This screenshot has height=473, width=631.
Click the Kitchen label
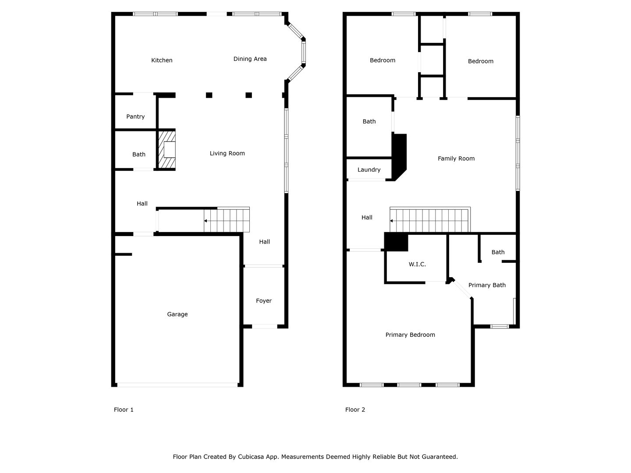pyautogui.click(x=162, y=60)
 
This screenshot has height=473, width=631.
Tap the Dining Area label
pyautogui.click(x=250, y=59)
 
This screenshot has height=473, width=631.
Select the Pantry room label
pyautogui.click(x=135, y=116)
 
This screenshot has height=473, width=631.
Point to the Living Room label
pyautogui.click(x=227, y=153)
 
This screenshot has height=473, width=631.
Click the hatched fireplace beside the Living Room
pyautogui.click(x=167, y=150)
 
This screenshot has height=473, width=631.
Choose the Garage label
pyautogui.click(x=177, y=314)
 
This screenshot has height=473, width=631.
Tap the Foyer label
pyautogui.click(x=264, y=301)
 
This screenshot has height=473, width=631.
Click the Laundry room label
pyautogui.click(x=369, y=170)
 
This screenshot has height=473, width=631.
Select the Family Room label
pyautogui.click(x=456, y=159)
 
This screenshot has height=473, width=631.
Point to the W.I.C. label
pyautogui.click(x=417, y=264)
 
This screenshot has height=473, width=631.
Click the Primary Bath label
pyautogui.click(x=487, y=285)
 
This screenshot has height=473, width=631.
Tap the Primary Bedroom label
pyautogui.click(x=410, y=335)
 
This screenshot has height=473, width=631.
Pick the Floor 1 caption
pyautogui.click(x=124, y=410)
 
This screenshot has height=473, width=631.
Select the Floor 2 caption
pyautogui.click(x=355, y=410)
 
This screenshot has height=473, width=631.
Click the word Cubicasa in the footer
pyautogui.click(x=251, y=457)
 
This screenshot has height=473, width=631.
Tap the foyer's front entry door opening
pyautogui.click(x=265, y=327)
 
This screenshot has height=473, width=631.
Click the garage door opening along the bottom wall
pyautogui.click(x=177, y=385)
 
